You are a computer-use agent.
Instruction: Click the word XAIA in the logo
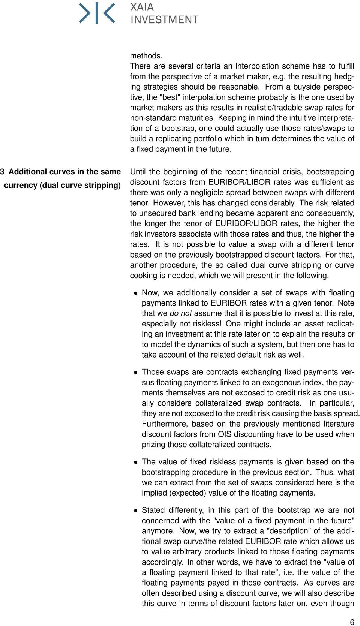[142, 7]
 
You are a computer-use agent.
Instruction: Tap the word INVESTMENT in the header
[164, 19]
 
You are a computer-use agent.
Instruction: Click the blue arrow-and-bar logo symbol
[97, 13]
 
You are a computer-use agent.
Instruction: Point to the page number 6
[352, 622]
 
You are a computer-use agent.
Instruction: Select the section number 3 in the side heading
[2, 172]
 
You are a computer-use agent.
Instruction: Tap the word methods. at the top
[146, 56]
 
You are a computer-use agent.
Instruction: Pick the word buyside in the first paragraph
[307, 87]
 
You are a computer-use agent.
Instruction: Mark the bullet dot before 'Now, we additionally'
[136, 293]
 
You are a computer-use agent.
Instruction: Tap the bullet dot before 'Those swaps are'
[136, 372]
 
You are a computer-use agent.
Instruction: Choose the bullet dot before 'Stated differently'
[136, 511]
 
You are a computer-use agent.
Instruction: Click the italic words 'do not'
[180, 313]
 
